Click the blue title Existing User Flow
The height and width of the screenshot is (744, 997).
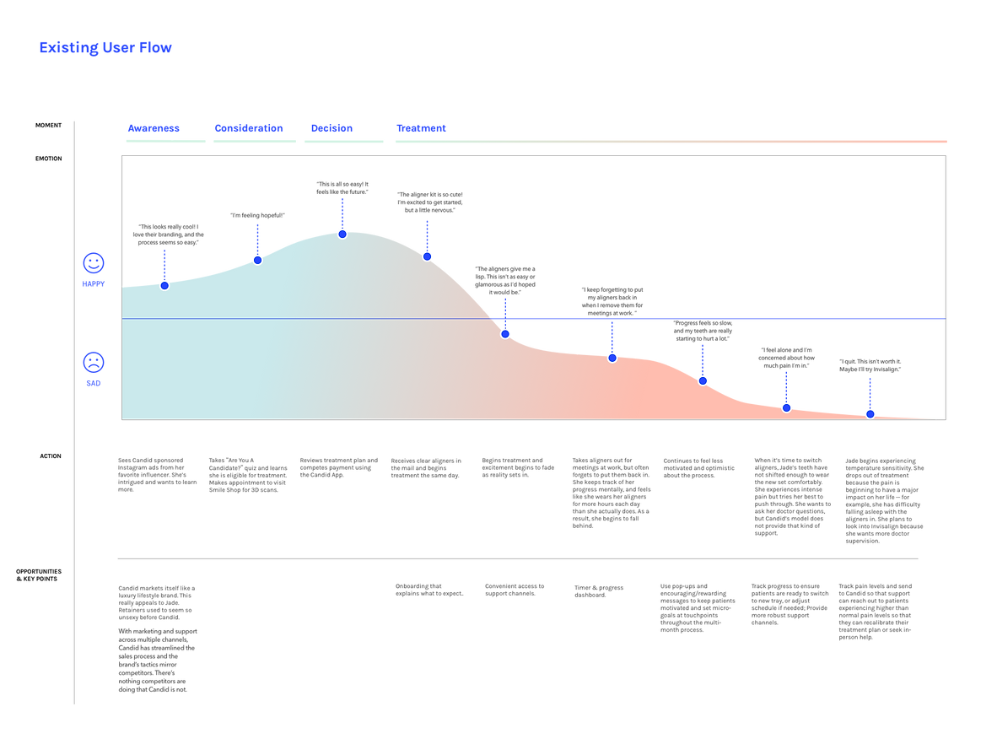click(105, 48)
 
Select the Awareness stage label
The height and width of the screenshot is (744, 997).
click(154, 128)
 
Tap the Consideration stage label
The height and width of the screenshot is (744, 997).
click(248, 128)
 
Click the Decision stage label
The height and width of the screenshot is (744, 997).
click(331, 128)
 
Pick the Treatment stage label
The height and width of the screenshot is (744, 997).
click(420, 128)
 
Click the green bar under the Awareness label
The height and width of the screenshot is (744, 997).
click(165, 141)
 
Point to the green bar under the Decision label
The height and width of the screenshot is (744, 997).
click(343, 141)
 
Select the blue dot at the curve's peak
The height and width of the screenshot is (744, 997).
click(342, 233)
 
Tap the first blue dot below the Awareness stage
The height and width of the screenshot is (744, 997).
click(164, 285)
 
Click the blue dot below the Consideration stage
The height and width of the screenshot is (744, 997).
click(257, 259)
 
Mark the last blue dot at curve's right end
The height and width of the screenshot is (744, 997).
click(870, 413)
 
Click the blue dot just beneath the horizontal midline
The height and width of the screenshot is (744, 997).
click(505, 333)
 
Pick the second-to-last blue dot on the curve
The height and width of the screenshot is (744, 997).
click(786, 407)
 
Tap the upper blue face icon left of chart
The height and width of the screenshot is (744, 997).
click(93, 264)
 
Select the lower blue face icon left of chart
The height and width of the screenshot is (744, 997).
click(93, 363)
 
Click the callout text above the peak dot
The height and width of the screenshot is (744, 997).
click(342, 187)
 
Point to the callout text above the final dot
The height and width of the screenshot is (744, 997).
click(870, 364)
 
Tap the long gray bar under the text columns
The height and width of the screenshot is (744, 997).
click(517, 558)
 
